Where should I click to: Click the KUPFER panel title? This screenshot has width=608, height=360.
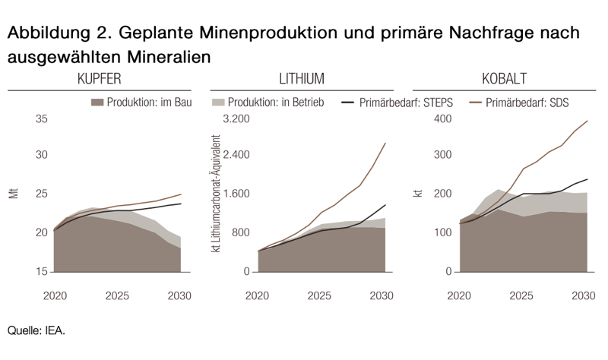[x=99, y=79]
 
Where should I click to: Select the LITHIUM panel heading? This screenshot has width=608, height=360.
[x=302, y=79]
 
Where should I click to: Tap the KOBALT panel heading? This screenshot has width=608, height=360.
[x=504, y=79]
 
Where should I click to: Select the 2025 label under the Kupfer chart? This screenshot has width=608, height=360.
[x=117, y=295]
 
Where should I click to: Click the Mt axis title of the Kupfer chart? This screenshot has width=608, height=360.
[x=13, y=194]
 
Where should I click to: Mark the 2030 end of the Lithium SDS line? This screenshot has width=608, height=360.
[x=385, y=143]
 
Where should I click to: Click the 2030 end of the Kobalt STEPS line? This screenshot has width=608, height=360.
[x=587, y=179]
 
